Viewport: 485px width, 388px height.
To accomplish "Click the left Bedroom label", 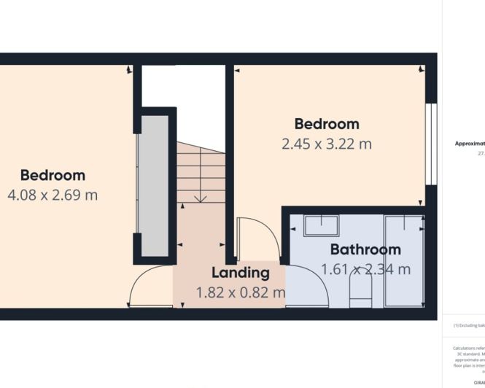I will tap(53, 175).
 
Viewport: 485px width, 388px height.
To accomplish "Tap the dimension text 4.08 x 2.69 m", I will tap(53, 195).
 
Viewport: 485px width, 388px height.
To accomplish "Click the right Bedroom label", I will tap(326, 124).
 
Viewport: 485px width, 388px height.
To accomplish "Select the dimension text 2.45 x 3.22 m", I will tap(326, 144).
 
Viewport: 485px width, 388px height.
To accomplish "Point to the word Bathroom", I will tap(365, 249).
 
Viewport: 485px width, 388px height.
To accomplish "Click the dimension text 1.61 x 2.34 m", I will tap(365, 269).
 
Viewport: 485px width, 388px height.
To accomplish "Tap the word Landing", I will tap(240, 273).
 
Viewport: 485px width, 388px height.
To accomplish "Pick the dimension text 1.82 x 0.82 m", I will tap(240, 292).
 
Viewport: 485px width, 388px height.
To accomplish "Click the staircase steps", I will tap(198, 175).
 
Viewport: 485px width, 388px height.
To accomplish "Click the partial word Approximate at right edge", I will tap(469, 144).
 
